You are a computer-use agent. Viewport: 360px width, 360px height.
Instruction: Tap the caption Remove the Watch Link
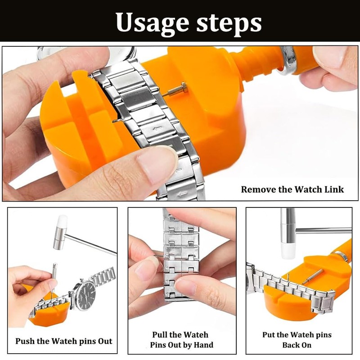[x=292, y=189]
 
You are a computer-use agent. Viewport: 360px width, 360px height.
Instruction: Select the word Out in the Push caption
[x=105, y=341]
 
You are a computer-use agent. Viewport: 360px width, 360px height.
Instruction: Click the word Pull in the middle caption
[x=160, y=334]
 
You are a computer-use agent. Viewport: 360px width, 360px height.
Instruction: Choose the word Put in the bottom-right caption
[x=269, y=334]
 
